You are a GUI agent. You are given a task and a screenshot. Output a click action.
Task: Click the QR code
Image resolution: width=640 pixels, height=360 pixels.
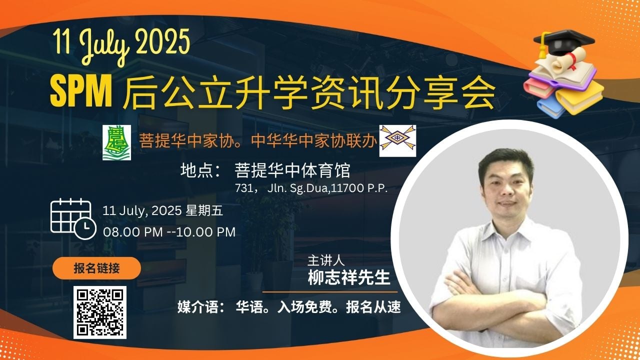(99, 312)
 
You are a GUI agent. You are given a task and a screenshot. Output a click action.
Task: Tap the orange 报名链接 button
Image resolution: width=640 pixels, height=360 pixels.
(96, 268)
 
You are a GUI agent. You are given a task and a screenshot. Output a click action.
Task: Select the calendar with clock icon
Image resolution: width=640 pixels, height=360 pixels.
(73, 219)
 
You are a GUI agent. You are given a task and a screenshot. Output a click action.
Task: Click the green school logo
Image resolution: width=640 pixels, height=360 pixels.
(117, 142)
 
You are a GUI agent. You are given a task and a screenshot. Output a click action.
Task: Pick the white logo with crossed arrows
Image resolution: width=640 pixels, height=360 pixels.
(397, 140)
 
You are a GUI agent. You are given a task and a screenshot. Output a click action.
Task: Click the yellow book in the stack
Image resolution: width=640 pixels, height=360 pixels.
(580, 97)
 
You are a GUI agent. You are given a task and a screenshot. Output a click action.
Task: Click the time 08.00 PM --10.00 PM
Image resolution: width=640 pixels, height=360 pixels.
(169, 232)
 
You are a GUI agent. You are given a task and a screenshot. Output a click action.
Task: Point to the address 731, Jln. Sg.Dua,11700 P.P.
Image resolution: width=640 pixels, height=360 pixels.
(311, 188)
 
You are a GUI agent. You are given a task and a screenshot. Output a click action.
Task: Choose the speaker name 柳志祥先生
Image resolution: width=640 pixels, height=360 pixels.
(349, 277)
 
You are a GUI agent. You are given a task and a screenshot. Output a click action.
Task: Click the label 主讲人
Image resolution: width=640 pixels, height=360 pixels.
(326, 260)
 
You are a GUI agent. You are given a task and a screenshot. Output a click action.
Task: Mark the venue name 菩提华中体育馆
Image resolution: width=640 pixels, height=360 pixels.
(292, 170)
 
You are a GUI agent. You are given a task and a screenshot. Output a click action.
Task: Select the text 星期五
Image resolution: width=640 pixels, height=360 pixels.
(204, 210)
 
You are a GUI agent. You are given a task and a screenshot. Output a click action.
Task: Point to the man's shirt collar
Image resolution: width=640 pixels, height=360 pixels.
(505, 231)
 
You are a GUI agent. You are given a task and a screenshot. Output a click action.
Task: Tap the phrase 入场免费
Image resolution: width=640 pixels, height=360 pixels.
(304, 307)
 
